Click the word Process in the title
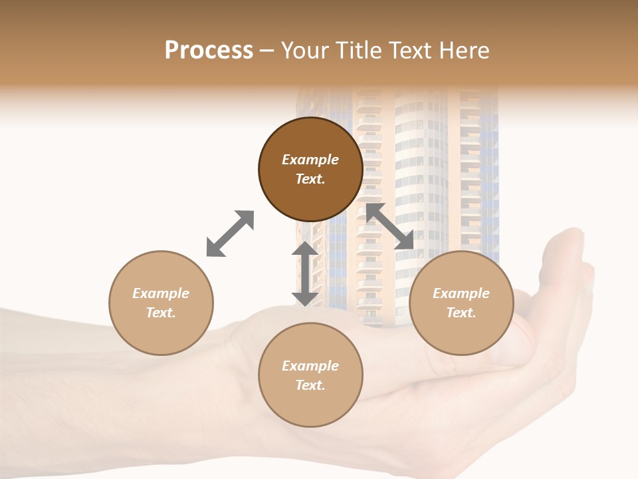click(x=209, y=51)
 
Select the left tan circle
click(x=161, y=333)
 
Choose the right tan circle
click(x=461, y=333)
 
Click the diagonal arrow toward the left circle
click(x=230, y=234)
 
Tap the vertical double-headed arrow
click(x=304, y=273)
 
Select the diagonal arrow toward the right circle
click(x=390, y=226)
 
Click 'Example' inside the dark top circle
click(x=310, y=160)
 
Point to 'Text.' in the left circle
click(x=161, y=313)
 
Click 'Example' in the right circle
click(x=461, y=293)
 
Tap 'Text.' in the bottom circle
click(x=310, y=385)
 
